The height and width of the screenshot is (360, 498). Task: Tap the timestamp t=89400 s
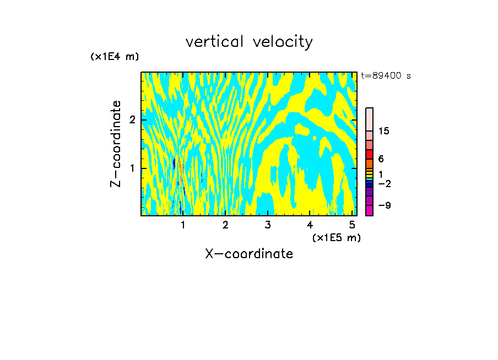(386, 76)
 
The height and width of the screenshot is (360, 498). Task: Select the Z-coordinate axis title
(116, 144)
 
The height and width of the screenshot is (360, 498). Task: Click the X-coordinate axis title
(249, 254)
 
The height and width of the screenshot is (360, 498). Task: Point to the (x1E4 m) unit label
(115, 57)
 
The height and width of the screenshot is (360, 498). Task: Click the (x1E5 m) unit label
(336, 237)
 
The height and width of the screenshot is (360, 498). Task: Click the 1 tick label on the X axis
(183, 225)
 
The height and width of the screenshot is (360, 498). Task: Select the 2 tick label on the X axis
(225, 225)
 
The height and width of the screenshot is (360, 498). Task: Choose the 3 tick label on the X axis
(268, 225)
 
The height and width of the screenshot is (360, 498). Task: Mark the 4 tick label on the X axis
(310, 225)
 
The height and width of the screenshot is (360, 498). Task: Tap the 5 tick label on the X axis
(352, 225)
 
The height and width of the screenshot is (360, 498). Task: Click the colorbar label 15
(384, 131)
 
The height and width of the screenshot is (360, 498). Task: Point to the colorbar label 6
(381, 159)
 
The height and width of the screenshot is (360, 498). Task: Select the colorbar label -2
(384, 184)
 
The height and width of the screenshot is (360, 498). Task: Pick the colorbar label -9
(384, 205)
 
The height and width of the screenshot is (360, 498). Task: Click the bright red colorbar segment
(370, 154)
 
